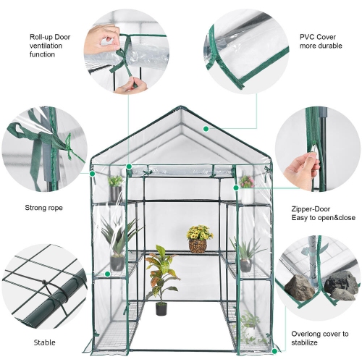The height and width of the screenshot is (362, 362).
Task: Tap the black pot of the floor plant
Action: [161, 309]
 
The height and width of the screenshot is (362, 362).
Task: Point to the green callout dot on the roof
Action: [206, 129]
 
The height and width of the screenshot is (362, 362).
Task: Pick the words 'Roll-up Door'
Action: [49, 35]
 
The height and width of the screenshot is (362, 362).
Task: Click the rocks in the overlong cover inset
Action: [322, 285]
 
